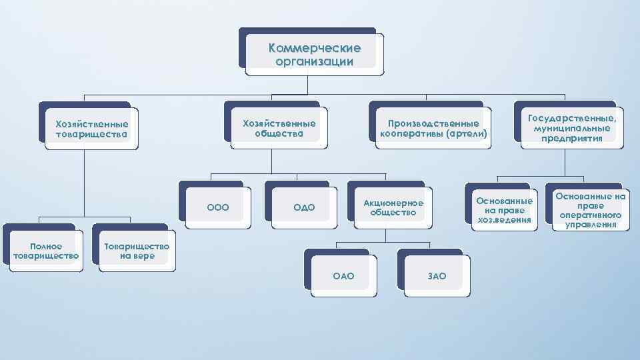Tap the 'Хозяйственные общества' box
[x=279, y=128]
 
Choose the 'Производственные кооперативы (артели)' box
[x=433, y=129]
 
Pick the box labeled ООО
[x=218, y=207]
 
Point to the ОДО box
[x=304, y=207]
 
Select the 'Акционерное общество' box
[x=393, y=207]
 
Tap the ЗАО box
[x=436, y=276]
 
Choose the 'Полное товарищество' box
[x=46, y=251]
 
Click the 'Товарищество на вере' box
[x=137, y=251]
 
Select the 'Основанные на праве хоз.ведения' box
[x=504, y=210]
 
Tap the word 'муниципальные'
[x=573, y=128]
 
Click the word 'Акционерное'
[x=393, y=202]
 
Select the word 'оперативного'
[x=591, y=215]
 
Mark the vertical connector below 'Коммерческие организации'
[x=307, y=84]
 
